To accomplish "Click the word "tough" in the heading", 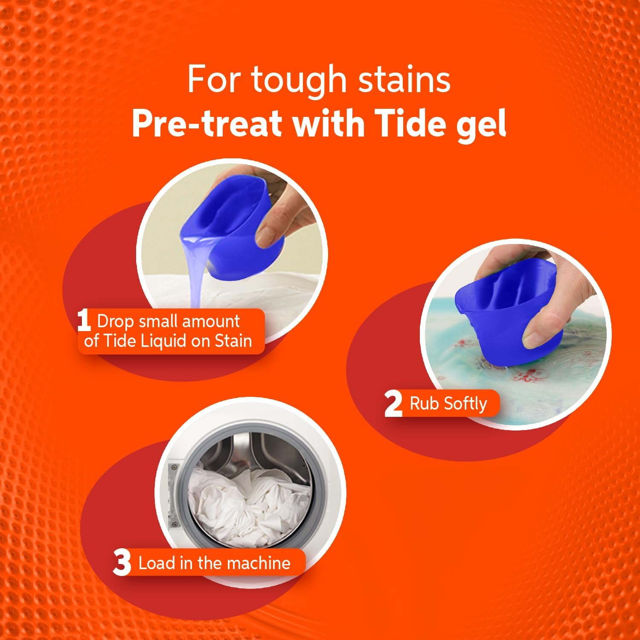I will (299, 80).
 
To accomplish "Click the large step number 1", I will (84, 321).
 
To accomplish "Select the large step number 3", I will (122, 563).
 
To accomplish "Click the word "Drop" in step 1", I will (115, 321).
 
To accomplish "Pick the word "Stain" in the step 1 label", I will (233, 341).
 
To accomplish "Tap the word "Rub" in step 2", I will (424, 403).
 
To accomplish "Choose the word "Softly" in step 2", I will (465, 404).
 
